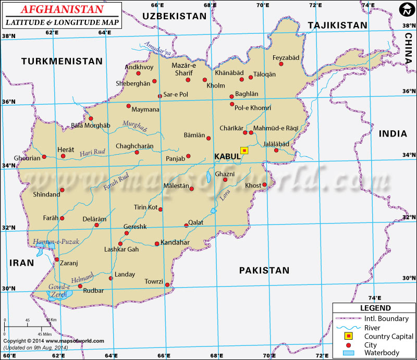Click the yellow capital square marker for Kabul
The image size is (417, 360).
(244, 151)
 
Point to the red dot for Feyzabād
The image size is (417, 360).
(281, 64)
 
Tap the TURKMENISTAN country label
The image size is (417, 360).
(62, 61)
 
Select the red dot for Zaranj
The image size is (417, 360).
(57, 259)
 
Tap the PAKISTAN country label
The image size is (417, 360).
(264, 270)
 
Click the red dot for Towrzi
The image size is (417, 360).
(167, 284)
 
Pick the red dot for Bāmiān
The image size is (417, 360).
(208, 139)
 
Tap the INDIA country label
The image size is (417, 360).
(393, 134)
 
